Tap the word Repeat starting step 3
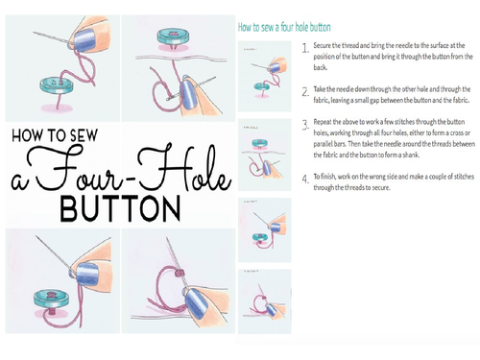tap(326, 123)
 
